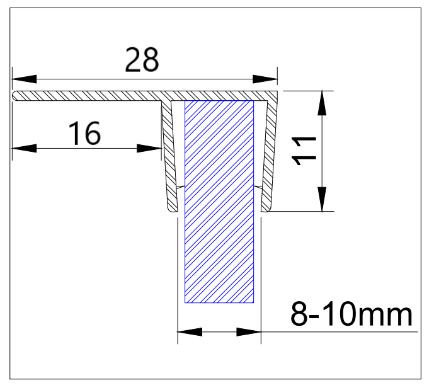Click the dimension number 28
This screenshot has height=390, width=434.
[143, 60]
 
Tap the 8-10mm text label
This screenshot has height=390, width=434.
[351, 313]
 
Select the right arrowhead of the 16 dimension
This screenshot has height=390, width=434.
[149, 149]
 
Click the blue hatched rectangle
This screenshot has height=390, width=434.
[219, 202]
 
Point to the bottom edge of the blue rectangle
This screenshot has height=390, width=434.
[219, 302]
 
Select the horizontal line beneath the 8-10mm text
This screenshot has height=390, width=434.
[340, 331]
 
